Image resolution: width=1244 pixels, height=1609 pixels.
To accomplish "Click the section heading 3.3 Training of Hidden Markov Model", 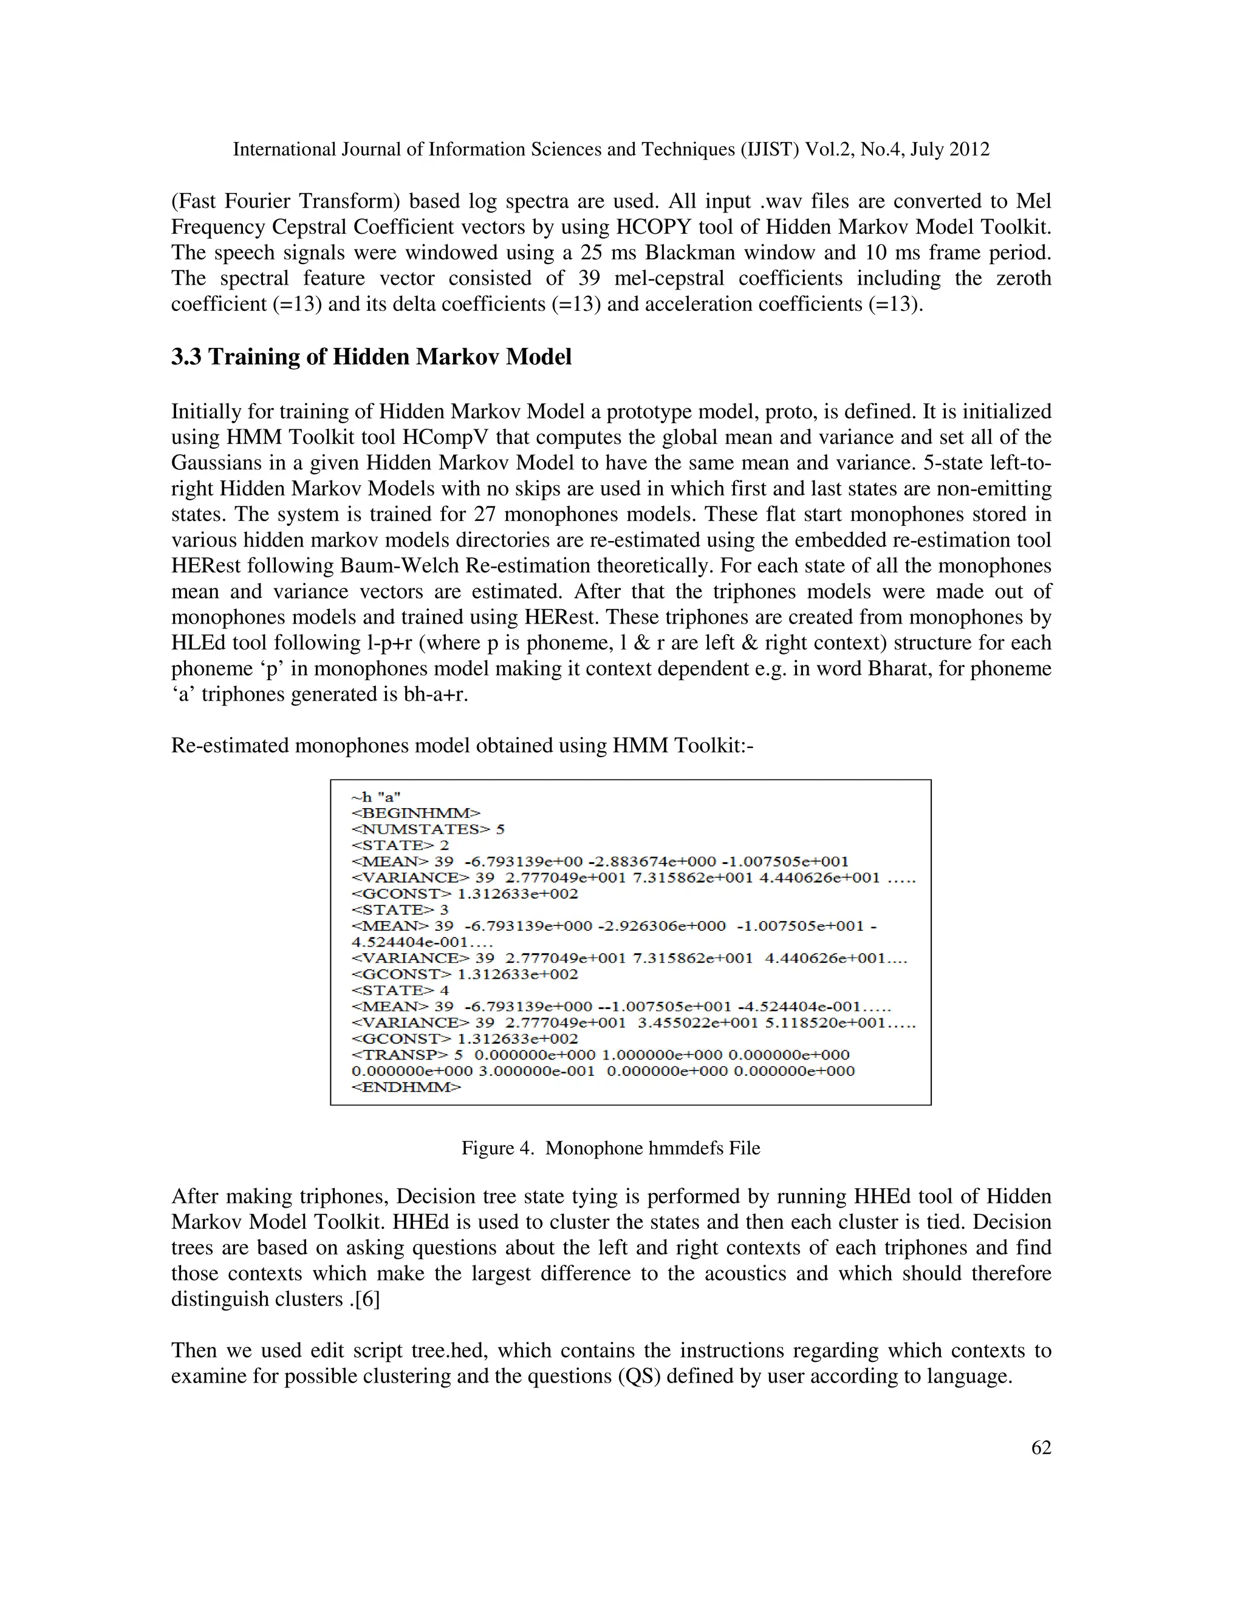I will click(371, 357).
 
